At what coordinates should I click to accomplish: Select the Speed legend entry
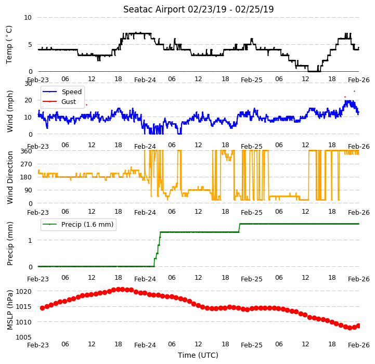62,92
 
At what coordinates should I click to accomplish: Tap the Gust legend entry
59,101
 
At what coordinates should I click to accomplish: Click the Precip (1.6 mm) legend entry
77,224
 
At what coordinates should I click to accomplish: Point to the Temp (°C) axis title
9,45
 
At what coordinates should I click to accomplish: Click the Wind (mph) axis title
9,111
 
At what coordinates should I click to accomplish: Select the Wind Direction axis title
9,177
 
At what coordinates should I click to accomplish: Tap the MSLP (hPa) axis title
9,310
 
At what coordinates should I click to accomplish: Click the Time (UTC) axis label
198,355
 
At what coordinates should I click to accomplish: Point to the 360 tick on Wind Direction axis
27,151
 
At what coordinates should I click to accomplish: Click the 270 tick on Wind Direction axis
27,164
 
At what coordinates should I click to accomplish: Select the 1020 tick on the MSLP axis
24,291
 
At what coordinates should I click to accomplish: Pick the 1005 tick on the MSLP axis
24,337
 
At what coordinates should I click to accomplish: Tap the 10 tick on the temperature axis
28,18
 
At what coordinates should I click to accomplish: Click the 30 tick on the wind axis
28,84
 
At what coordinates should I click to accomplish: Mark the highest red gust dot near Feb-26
354,92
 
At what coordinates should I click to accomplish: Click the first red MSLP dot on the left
42,308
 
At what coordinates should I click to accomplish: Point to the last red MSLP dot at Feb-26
358,326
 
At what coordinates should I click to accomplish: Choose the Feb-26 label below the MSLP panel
359,345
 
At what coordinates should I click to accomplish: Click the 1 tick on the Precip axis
30,240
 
